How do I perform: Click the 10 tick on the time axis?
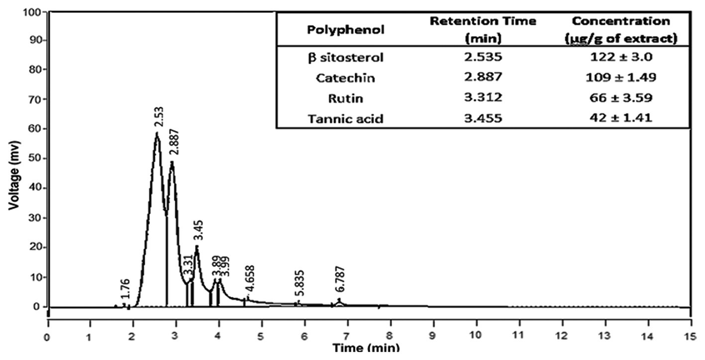476,336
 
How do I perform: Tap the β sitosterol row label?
345,57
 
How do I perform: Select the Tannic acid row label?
345,119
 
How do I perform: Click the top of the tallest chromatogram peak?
157,133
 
